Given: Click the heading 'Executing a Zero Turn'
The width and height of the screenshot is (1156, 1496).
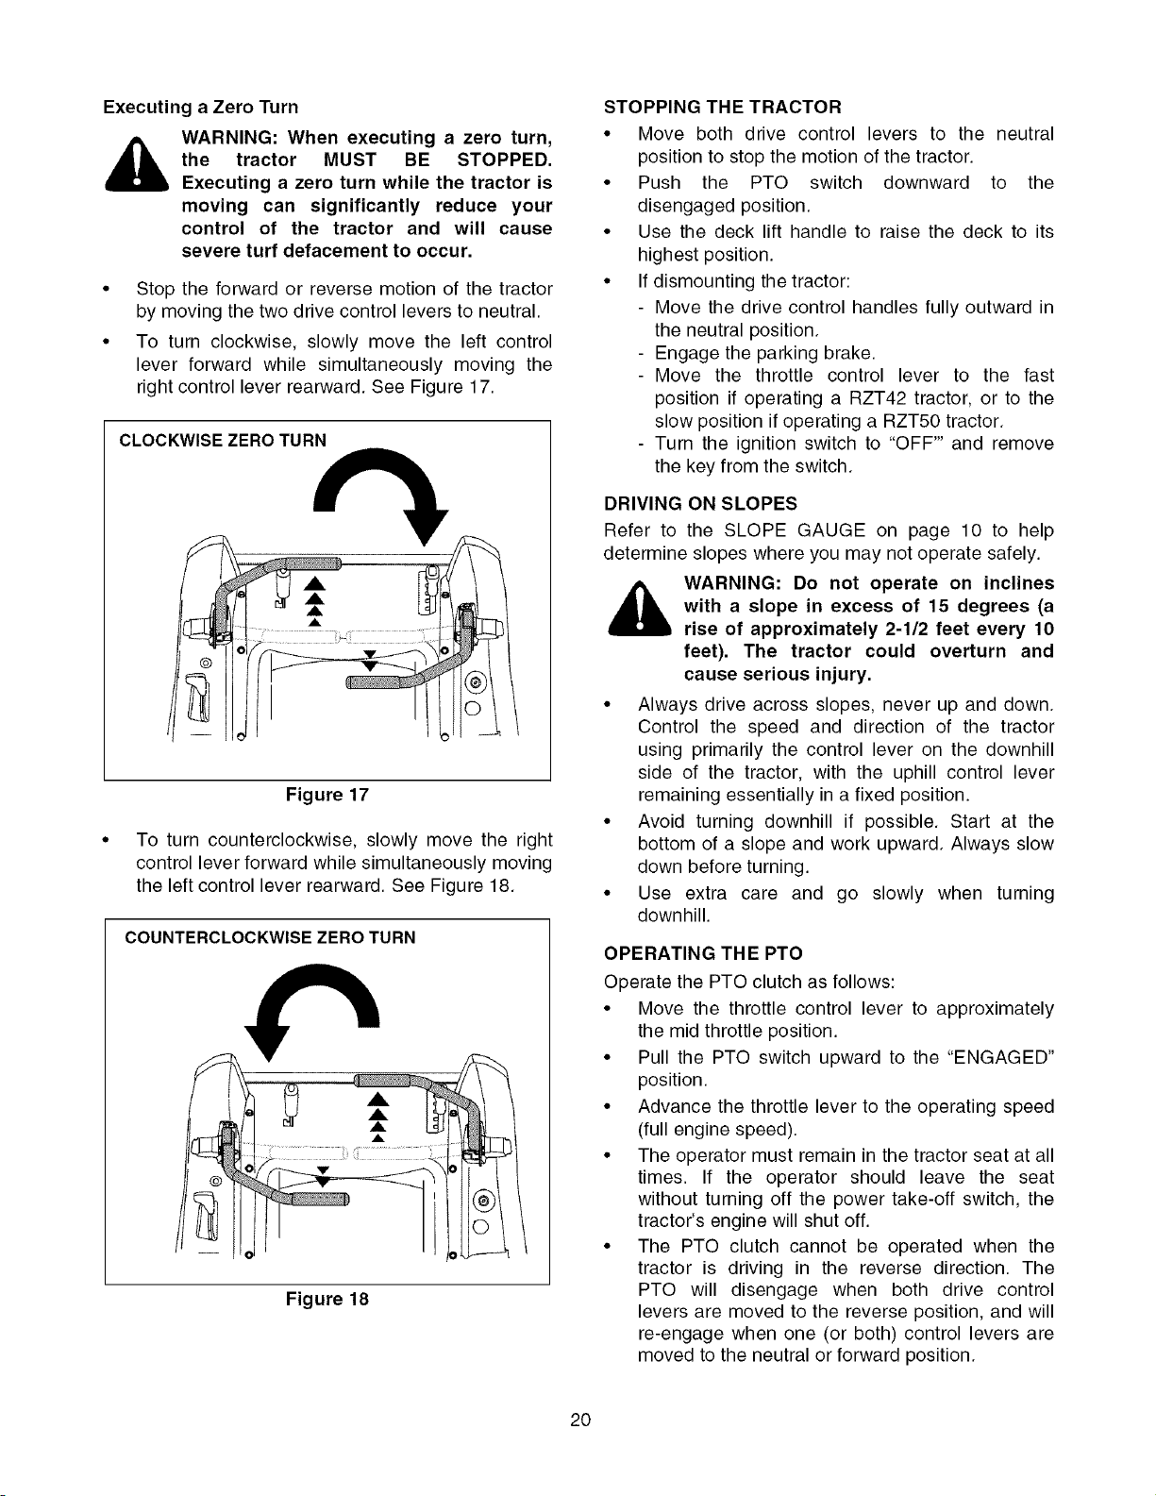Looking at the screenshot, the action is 201,108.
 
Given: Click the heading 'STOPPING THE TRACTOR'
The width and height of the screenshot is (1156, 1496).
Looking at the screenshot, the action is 723,108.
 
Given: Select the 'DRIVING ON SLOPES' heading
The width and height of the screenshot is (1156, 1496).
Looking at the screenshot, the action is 700,503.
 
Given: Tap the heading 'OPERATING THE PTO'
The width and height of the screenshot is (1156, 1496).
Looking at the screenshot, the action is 703,953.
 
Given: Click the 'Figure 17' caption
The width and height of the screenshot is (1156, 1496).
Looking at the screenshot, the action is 327,795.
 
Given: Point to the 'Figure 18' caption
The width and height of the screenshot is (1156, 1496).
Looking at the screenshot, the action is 327,1299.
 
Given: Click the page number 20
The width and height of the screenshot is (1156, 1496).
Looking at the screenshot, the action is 580,1420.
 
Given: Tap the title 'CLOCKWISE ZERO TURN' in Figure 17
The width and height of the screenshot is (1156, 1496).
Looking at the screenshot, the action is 223,441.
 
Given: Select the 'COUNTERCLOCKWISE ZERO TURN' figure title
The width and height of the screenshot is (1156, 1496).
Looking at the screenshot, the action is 271,937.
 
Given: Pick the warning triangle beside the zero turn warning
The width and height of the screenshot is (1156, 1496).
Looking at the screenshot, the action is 136,163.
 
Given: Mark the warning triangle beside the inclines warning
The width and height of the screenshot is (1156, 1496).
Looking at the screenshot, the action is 639,607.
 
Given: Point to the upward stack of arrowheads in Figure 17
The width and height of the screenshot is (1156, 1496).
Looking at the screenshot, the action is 314,602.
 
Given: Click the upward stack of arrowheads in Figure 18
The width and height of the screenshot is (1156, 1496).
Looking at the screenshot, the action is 377,1117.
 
